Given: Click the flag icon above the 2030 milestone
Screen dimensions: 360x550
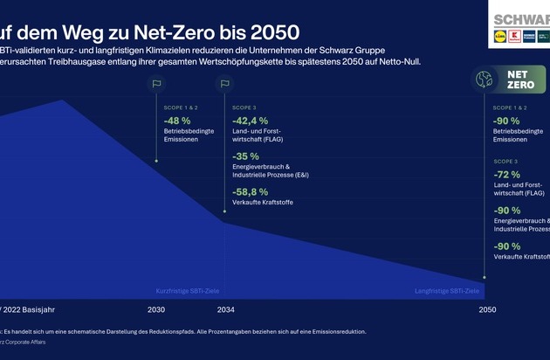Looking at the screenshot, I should coord(157,85).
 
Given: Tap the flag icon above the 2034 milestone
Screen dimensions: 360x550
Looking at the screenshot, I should coord(224,85).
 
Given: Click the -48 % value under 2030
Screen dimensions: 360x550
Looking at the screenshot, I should coord(178,121).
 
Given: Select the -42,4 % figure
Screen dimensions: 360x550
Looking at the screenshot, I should coord(251,121).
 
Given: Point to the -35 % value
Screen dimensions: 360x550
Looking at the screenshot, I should coord(245,156).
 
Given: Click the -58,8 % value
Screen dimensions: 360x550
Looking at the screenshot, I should coord(251,191).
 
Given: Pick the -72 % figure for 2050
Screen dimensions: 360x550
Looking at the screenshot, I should coord(507,176).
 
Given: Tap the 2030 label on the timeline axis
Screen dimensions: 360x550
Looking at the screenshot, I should coord(156,310).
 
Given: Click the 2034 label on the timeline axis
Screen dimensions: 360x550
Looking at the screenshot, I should coord(225,310).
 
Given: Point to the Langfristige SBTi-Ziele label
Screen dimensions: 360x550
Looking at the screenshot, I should coord(447,290).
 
